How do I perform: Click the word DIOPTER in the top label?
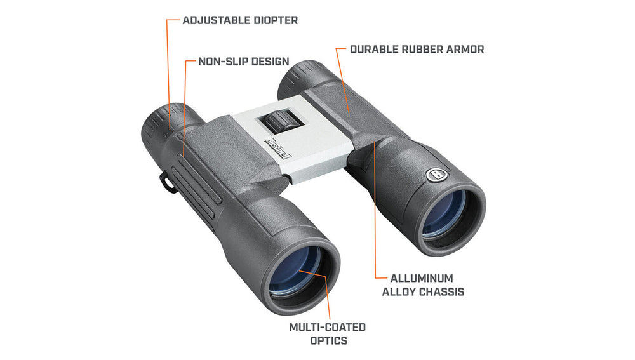coord(271,20)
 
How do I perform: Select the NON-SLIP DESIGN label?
coord(243,62)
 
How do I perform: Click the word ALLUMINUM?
coord(422,278)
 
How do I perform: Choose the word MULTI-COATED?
coord(328,327)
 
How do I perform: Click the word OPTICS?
coord(328,341)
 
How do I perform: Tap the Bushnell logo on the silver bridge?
coord(279,149)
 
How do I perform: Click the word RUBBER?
coord(420,49)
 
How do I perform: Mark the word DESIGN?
coord(268,62)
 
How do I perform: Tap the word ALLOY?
coord(398,292)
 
